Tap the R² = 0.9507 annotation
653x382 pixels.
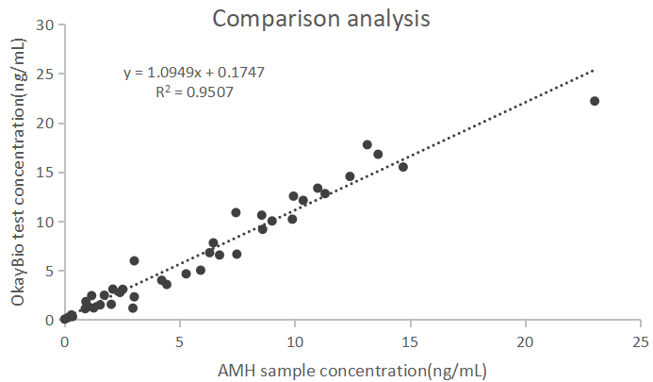[x=195, y=92]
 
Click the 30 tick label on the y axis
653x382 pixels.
[x=43, y=25]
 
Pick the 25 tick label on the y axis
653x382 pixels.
[x=43, y=74]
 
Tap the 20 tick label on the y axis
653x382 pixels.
[x=43, y=123]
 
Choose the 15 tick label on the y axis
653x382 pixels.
[x=43, y=173]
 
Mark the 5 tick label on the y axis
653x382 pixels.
[x=47, y=272]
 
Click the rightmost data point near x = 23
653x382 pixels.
[x=595, y=101]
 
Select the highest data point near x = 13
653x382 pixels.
[x=367, y=144]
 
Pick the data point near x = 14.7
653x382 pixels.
[x=403, y=167]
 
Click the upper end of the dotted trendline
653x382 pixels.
[x=594, y=69]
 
